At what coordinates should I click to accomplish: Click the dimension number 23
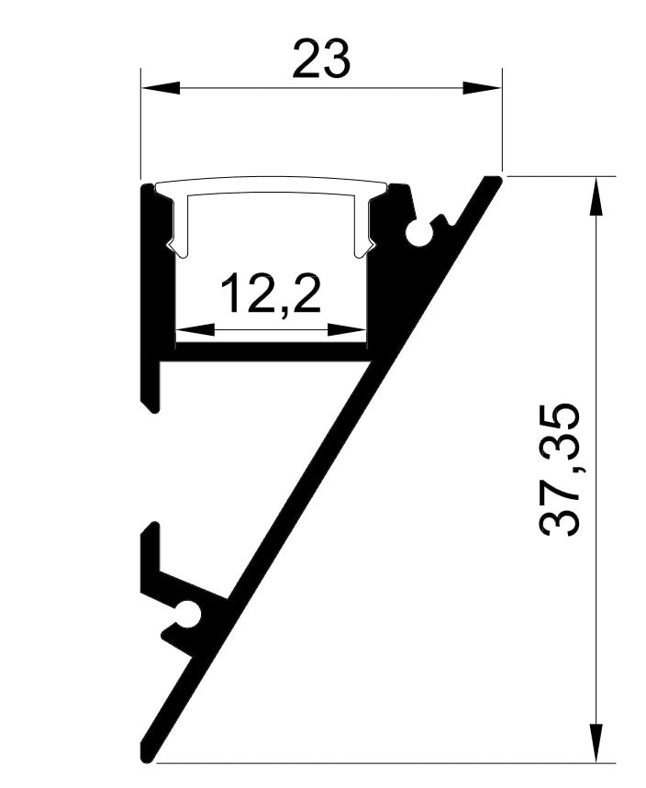tap(321, 60)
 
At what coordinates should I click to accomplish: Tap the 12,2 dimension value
tap(271, 294)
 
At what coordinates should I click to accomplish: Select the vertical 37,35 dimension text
tap(560, 469)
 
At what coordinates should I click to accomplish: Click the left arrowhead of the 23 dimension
tap(161, 87)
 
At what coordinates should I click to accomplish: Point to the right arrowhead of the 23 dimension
tap(482, 87)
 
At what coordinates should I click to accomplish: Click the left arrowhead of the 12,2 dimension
tap(195, 330)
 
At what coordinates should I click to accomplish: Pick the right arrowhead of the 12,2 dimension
tap(347, 330)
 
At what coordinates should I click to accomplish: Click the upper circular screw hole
tap(418, 232)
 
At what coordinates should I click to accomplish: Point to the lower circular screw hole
tap(188, 614)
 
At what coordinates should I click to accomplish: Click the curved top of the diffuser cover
tap(273, 184)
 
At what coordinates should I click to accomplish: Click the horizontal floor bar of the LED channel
tap(266, 351)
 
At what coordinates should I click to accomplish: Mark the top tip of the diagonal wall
tap(495, 180)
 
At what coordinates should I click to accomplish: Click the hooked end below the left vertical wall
tap(150, 402)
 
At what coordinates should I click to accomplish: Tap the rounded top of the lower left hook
tap(151, 527)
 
